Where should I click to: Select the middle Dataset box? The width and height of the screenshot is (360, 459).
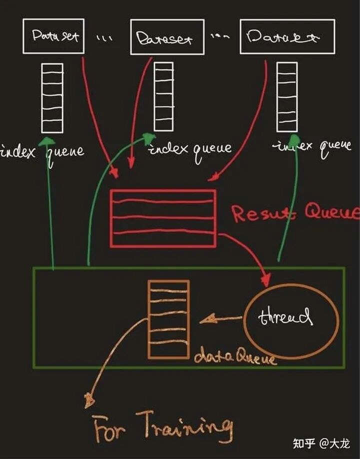(x=167, y=37)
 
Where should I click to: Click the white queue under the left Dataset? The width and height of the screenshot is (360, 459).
(x=51, y=97)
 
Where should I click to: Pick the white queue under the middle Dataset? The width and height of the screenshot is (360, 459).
(x=163, y=96)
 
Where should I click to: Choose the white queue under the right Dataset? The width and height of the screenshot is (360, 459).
(x=287, y=96)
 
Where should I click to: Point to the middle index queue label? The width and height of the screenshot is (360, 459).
(x=190, y=148)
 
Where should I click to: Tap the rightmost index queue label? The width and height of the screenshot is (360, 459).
(x=311, y=146)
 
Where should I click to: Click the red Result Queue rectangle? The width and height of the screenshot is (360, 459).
(x=163, y=218)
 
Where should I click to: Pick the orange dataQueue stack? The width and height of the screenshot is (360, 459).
(x=168, y=319)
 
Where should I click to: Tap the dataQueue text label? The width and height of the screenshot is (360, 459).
(x=235, y=357)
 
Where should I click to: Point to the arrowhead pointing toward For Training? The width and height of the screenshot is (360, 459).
(x=89, y=399)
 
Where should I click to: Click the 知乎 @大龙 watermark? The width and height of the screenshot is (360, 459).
(x=321, y=443)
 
